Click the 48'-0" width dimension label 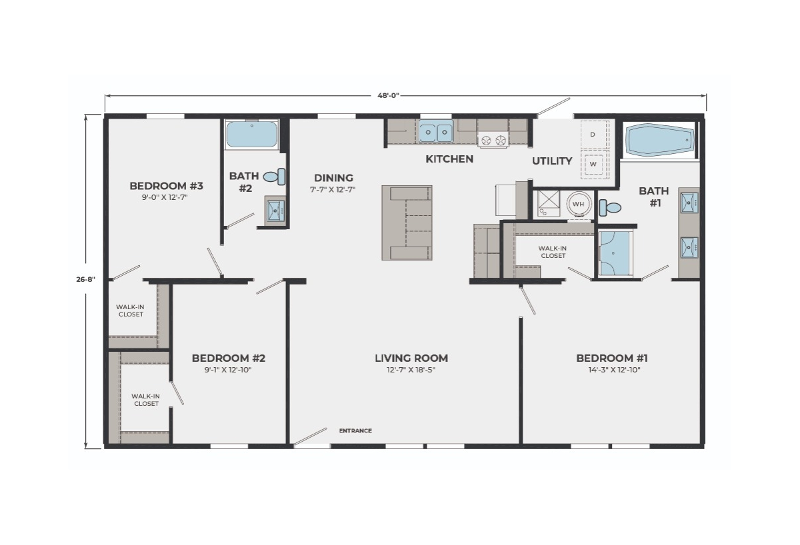point(388,95)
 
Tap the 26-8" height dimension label point(86,279)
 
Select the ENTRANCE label point(355,431)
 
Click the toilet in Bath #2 point(274,177)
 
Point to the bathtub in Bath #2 point(252,135)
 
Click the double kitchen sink point(436,132)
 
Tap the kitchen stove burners point(493,139)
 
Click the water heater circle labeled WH point(578,204)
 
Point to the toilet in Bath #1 point(610,208)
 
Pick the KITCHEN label point(449,159)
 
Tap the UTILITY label point(552,161)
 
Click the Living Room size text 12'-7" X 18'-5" point(411,370)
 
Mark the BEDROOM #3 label point(167,186)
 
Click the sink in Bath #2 point(275,211)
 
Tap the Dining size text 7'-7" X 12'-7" point(333,189)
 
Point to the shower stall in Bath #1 point(615,253)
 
